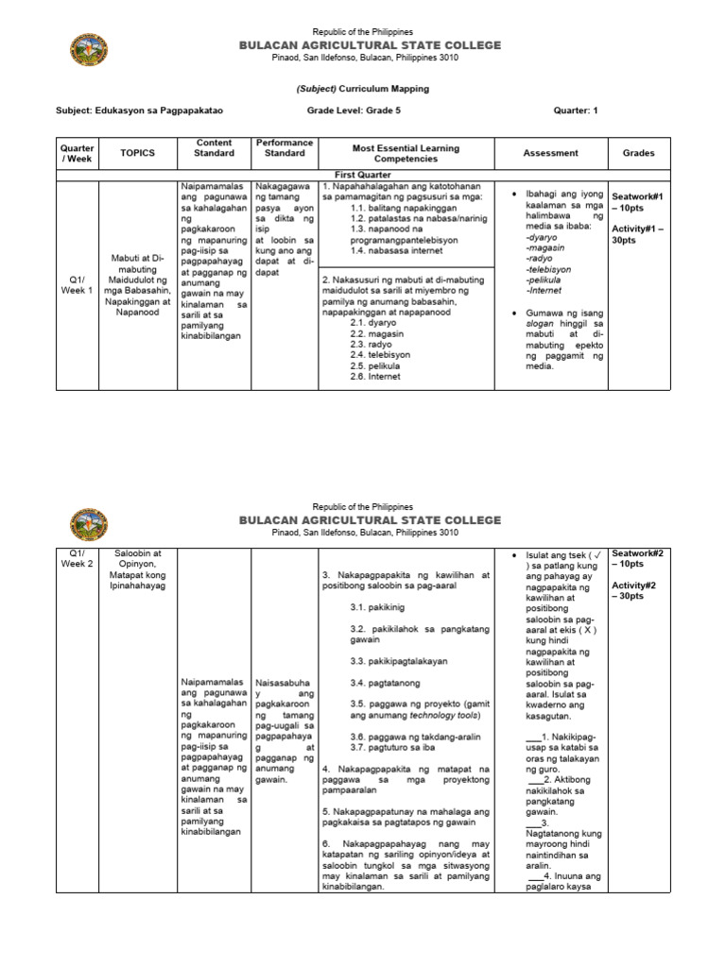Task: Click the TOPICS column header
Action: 137,153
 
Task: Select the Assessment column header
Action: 550,153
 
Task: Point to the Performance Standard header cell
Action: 285,147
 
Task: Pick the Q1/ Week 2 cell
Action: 78,558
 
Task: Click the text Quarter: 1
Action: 576,110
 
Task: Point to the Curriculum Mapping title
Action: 362,89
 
